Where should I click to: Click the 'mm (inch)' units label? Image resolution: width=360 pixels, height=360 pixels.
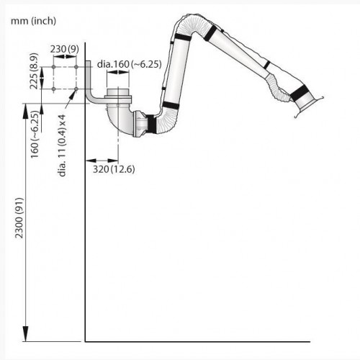(33, 21)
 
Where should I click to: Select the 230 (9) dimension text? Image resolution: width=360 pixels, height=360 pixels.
(65, 49)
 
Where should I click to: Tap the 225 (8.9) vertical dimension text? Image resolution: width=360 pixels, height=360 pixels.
(34, 71)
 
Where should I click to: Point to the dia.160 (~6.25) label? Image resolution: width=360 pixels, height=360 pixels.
(130, 64)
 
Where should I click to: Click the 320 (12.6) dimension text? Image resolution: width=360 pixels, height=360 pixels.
(114, 169)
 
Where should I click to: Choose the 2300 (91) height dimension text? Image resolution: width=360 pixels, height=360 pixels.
(19, 218)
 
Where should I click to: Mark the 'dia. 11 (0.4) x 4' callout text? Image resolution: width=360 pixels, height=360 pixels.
(62, 145)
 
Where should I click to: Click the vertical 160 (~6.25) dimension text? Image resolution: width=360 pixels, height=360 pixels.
(35, 134)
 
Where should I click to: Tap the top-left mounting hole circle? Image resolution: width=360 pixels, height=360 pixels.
(53, 67)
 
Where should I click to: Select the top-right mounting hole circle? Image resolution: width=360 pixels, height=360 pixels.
(76, 67)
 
